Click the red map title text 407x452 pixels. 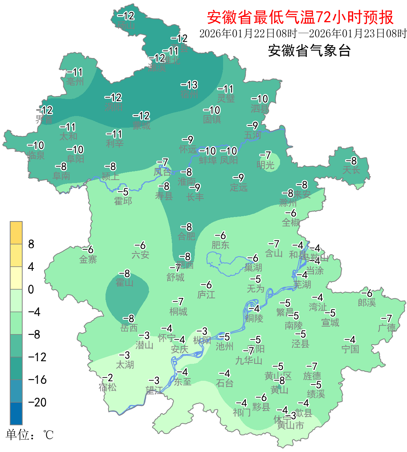(x=300, y=17)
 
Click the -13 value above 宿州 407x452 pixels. (x=189, y=85)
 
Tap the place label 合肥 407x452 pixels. (x=187, y=236)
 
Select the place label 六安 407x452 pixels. (x=140, y=255)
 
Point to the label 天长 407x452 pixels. (x=351, y=170)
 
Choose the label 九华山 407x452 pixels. (x=249, y=360)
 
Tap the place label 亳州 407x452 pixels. (x=75, y=81)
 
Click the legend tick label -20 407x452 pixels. (x=37, y=402)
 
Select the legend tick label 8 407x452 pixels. (x=31, y=244)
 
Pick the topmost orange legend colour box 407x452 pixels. (x=16, y=233)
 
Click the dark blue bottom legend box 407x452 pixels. (x=16, y=413)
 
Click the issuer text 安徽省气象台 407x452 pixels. (x=309, y=50)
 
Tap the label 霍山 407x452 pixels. (x=124, y=282)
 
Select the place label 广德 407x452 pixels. (x=387, y=328)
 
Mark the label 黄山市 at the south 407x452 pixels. (x=290, y=426)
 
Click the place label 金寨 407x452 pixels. (x=88, y=259)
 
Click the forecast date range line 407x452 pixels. (x=303, y=34)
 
